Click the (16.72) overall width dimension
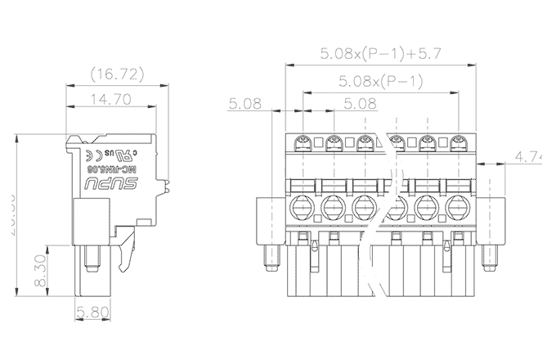tap(117, 75)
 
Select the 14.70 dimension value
tap(111, 100)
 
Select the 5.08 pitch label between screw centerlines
tap(360, 104)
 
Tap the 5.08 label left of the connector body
tap(244, 104)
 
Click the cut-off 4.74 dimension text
tap(533, 156)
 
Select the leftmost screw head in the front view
tap(302, 144)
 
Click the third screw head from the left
tap(365, 144)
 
